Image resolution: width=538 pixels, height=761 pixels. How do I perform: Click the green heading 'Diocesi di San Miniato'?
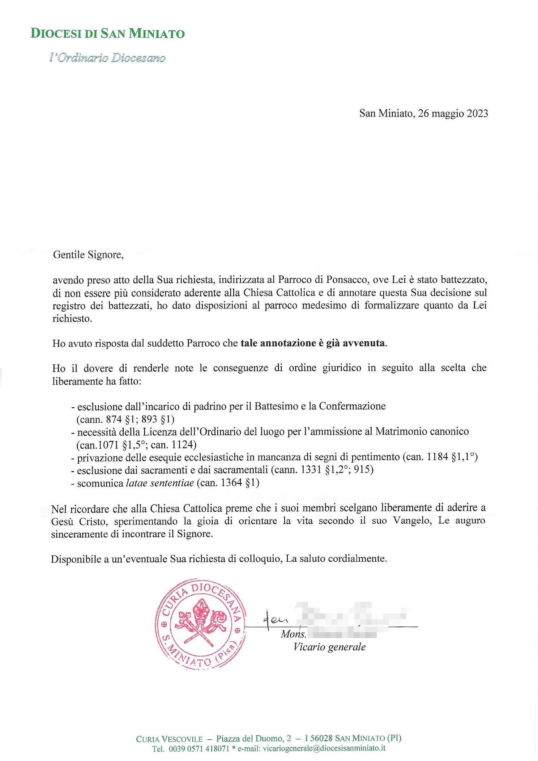(107, 34)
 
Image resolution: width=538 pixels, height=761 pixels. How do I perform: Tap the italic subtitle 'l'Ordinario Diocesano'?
(107, 58)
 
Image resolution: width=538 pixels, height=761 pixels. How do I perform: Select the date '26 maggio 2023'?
(453, 114)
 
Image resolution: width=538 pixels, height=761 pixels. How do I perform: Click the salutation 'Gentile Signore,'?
(88, 255)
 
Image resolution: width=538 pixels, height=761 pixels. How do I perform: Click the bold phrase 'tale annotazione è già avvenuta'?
(313, 343)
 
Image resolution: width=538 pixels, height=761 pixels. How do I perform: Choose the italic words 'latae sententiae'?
(160, 483)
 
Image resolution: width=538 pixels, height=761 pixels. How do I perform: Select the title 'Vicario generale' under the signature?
(329, 647)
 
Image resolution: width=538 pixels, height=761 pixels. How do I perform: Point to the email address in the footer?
(324, 748)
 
